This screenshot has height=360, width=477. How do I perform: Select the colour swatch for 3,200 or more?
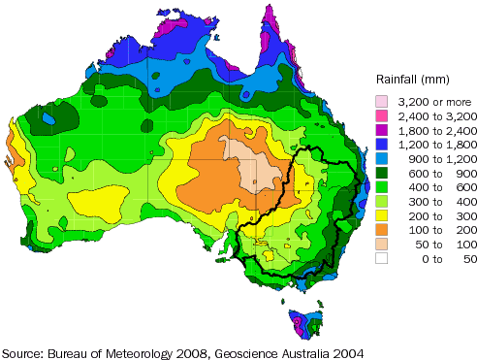tap(384, 101)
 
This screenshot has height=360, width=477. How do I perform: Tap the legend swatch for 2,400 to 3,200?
tap(384, 115)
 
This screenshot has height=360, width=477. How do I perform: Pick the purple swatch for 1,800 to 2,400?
tap(384, 130)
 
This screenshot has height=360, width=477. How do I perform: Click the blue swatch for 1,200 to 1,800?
tap(384, 145)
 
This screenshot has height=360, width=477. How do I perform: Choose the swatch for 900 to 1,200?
tap(384, 159)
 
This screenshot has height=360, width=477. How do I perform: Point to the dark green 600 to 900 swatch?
tap(384, 174)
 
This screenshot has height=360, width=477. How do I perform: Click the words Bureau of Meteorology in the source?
tap(114, 350)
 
